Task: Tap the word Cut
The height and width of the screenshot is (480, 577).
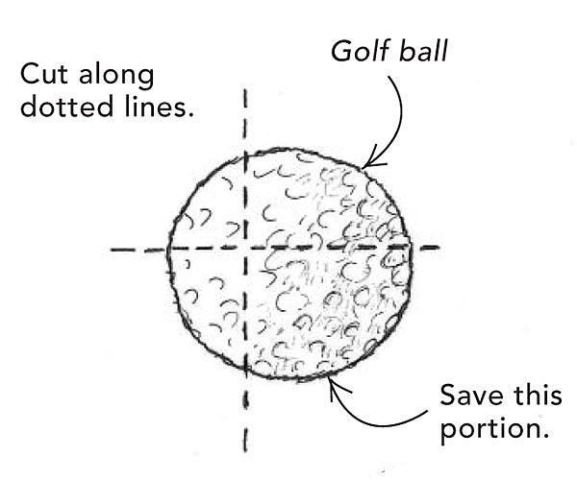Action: pyautogui.click(x=44, y=74)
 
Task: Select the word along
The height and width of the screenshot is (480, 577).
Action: pyautogui.click(x=116, y=76)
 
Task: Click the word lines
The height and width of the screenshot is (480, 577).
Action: pyautogui.click(x=159, y=106)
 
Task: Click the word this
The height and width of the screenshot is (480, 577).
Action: pyautogui.click(x=538, y=395)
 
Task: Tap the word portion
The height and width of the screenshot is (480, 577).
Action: pyautogui.click(x=495, y=428)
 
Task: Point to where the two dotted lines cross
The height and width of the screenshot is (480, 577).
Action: pyautogui.click(x=245, y=249)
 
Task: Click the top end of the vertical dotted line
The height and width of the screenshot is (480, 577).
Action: pyautogui.click(x=245, y=89)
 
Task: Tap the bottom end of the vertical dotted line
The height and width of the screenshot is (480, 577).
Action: pyautogui.click(x=245, y=451)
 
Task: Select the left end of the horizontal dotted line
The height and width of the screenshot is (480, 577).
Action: pyautogui.click(x=112, y=250)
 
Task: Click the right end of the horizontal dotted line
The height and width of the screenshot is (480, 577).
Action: pyautogui.click(x=439, y=248)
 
